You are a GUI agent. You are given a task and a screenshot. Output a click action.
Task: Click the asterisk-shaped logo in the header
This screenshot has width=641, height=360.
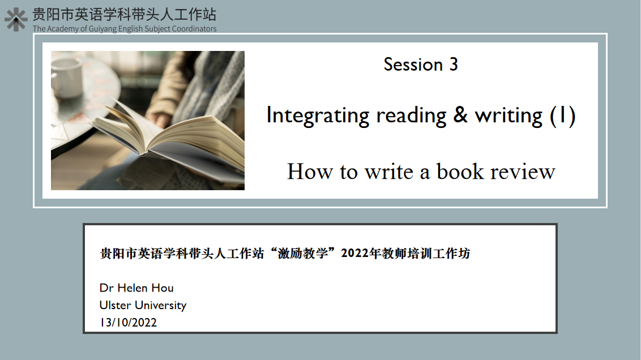tap(16, 20)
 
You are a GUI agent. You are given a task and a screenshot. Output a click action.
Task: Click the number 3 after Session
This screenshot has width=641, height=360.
tap(454, 65)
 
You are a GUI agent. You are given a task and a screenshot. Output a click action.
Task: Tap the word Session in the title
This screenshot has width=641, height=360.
tap(413, 65)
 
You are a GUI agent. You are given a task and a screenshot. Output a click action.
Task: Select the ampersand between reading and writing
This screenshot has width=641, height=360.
tap(460, 115)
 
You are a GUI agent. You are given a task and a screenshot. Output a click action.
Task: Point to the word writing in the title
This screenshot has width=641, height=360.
tap(508, 116)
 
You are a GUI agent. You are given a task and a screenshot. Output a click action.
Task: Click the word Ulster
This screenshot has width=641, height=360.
tap(116, 305)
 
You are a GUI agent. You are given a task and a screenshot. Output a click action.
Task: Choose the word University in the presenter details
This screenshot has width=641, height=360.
tap(161, 306)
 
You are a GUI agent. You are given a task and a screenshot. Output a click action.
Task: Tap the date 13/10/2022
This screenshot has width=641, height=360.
tap(129, 323)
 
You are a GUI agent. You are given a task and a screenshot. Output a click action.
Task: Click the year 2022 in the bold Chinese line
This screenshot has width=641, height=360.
tap(355, 254)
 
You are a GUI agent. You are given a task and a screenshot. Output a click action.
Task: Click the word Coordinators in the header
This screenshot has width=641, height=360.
tap(194, 29)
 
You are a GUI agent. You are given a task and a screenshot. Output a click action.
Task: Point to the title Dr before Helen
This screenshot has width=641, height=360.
tap(106, 288)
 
